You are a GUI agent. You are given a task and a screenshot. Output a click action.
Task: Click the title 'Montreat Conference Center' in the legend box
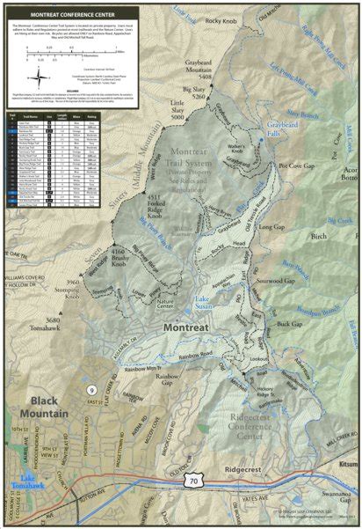tap(71, 15)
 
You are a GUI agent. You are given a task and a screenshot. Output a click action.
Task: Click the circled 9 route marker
tap(91, 390)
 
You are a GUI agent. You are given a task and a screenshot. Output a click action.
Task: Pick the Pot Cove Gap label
tap(295, 165)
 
